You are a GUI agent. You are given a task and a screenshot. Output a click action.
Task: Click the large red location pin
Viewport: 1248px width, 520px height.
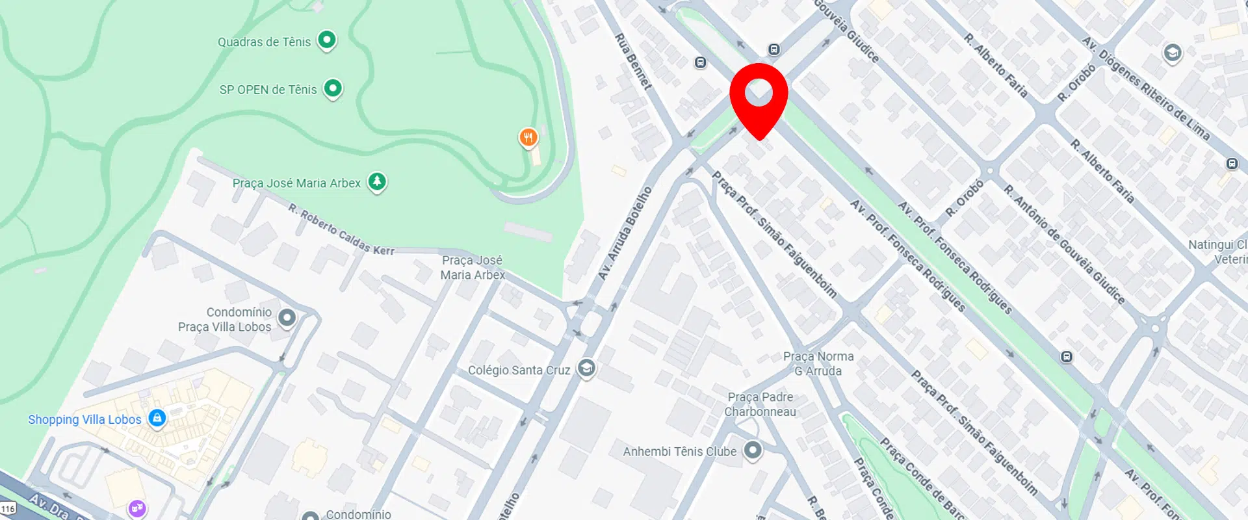click(x=759, y=95)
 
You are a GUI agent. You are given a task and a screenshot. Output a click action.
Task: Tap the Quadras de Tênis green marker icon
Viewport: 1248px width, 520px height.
click(x=327, y=40)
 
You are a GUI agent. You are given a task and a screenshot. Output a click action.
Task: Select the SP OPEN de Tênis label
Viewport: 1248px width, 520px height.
click(x=268, y=90)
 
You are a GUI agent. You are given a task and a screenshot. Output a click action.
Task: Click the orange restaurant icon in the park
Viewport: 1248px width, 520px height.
click(x=528, y=137)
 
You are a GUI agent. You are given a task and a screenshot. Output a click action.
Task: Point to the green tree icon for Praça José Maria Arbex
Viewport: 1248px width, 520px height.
click(x=377, y=181)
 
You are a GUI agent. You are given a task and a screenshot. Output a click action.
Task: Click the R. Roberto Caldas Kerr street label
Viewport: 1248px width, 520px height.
click(x=341, y=229)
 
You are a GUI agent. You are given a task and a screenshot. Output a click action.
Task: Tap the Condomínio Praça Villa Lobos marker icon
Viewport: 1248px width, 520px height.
click(x=287, y=318)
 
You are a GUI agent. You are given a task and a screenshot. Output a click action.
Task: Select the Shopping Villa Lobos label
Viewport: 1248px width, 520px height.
click(x=84, y=420)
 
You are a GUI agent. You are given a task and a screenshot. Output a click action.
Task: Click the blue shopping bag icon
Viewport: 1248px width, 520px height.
click(x=157, y=418)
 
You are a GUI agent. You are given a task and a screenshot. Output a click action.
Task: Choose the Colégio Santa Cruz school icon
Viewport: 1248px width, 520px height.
click(x=586, y=368)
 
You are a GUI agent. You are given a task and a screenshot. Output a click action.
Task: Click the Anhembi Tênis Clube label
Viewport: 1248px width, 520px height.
click(x=679, y=451)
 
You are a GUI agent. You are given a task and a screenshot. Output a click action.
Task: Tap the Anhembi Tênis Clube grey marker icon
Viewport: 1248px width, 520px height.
click(x=752, y=450)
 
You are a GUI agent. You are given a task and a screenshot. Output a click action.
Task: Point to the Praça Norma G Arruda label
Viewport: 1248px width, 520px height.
click(x=818, y=364)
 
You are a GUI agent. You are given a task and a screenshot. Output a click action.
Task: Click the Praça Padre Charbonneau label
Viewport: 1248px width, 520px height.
click(x=760, y=404)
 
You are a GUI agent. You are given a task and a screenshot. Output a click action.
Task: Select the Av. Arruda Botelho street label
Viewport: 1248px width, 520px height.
click(x=625, y=233)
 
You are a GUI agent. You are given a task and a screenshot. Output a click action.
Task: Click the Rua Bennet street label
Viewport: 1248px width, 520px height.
click(x=633, y=61)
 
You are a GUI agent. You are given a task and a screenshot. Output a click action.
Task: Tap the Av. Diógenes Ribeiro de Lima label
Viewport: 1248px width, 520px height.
click(x=1145, y=88)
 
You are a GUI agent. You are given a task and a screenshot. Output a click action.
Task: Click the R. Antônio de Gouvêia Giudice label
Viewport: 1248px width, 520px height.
click(x=1063, y=244)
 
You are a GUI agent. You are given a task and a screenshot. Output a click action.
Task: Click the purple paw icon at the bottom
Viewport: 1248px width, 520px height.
click(x=138, y=508)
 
